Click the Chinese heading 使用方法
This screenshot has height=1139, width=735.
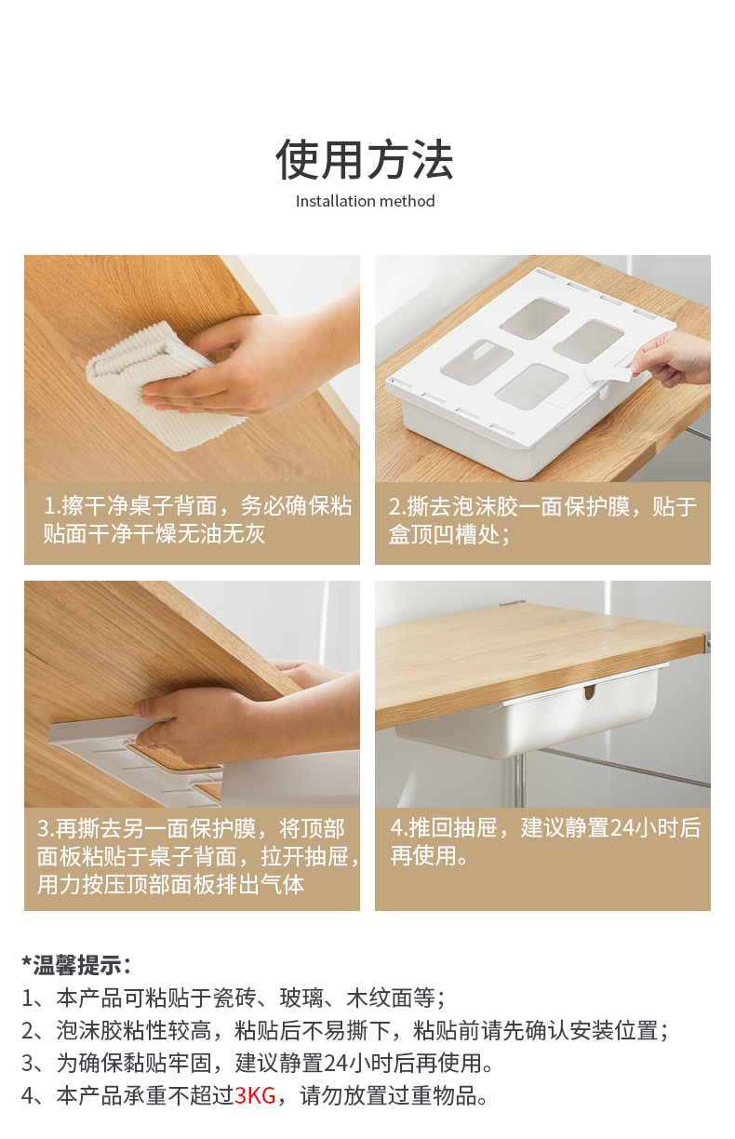click(365, 160)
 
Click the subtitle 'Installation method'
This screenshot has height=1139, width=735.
click(365, 201)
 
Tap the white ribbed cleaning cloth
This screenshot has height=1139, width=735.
click(153, 385)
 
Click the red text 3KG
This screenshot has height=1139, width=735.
click(255, 1094)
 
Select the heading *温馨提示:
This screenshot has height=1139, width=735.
click(76, 964)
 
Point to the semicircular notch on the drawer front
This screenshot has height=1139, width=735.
click(589, 692)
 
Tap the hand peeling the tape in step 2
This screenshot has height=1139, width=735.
click(670, 358)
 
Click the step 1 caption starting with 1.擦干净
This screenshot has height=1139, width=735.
click(197, 519)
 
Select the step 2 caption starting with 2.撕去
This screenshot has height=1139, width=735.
click(542, 520)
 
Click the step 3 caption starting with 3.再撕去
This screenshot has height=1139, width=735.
click(198, 857)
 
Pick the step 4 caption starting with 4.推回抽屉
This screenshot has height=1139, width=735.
click(545, 841)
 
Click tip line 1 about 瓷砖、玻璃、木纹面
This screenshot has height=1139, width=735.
click(234, 998)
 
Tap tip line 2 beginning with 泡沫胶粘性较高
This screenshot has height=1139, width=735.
click(344, 1031)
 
